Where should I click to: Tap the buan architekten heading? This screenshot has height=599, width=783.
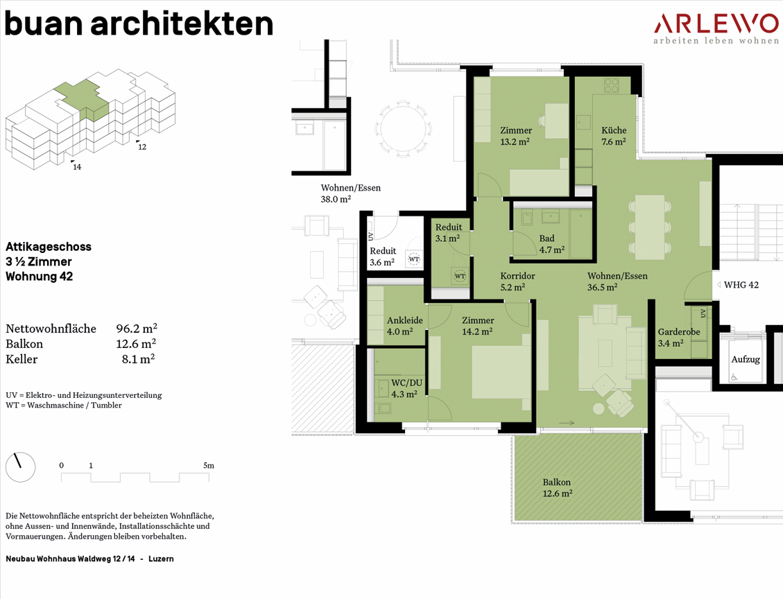point(139,24)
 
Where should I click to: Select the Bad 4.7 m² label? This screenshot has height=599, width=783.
point(552,244)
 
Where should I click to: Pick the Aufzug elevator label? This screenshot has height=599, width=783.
point(746,359)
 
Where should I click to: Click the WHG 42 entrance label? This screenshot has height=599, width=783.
point(741,285)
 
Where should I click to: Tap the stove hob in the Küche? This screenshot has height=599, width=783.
point(611,86)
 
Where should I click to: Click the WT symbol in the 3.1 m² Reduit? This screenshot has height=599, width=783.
point(459,276)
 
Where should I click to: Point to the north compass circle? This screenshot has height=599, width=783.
point(21,467)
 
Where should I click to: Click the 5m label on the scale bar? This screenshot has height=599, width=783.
point(209,466)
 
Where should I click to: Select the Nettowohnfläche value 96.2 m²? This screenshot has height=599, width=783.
point(137,329)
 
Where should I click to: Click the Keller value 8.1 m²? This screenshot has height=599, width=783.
point(138,359)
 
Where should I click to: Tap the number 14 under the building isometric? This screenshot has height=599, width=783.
point(77,166)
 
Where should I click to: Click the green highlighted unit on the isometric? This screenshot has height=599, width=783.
point(82,99)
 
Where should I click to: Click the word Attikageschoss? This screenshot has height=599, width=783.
point(49,247)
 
